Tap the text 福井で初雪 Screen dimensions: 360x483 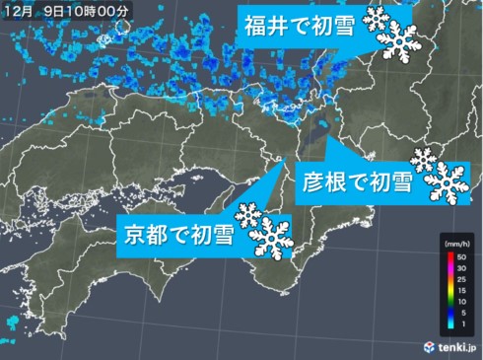[x=301, y=26]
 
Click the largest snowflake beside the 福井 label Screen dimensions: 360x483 [x=400, y=40]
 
